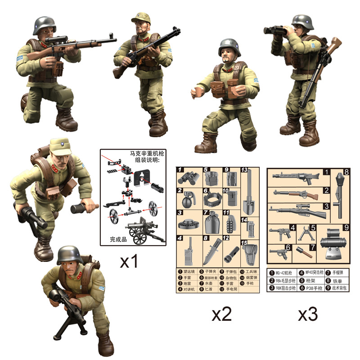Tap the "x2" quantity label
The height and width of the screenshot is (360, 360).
221,315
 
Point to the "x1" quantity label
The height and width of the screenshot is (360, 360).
128,262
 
